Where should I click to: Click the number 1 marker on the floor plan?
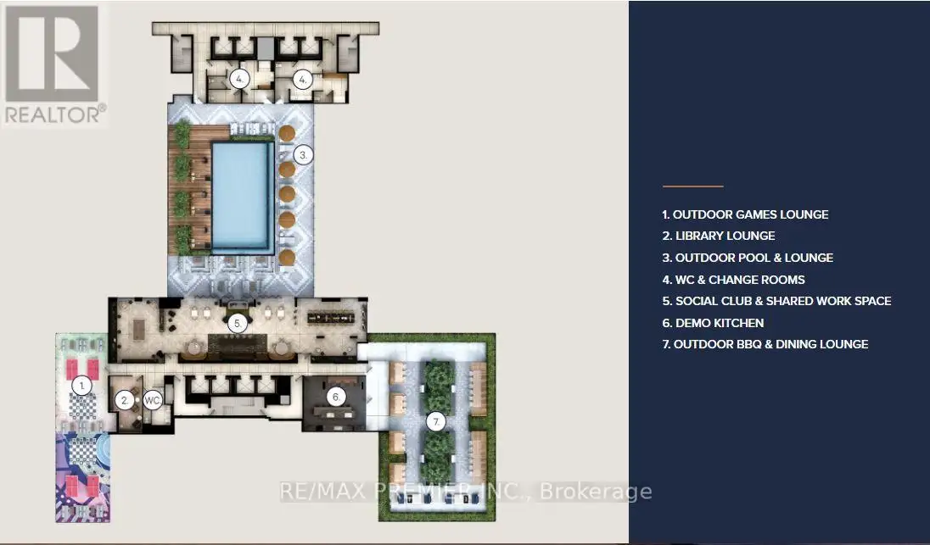tap(81, 387)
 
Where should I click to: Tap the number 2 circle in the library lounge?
tap(125, 401)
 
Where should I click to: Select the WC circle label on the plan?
tap(153, 401)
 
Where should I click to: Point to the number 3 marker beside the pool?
tap(303, 155)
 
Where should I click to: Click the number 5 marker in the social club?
tap(238, 324)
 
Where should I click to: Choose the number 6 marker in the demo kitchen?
tap(336, 398)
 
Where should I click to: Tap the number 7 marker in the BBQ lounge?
tap(436, 422)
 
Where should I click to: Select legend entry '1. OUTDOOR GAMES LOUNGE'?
tap(746, 214)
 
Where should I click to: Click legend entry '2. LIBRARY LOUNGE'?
tap(719, 236)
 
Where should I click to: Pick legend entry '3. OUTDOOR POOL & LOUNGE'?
tap(748, 258)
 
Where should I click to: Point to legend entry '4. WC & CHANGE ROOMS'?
tap(734, 280)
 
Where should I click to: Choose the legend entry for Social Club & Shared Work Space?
tap(777, 301)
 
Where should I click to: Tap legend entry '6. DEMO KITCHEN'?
tap(713, 323)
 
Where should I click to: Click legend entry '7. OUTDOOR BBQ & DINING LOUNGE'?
tap(765, 344)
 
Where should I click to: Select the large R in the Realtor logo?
tap(53, 53)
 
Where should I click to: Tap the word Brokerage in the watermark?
tap(596, 492)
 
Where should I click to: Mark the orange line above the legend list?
tap(692, 186)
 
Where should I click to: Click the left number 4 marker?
tap(239, 79)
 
